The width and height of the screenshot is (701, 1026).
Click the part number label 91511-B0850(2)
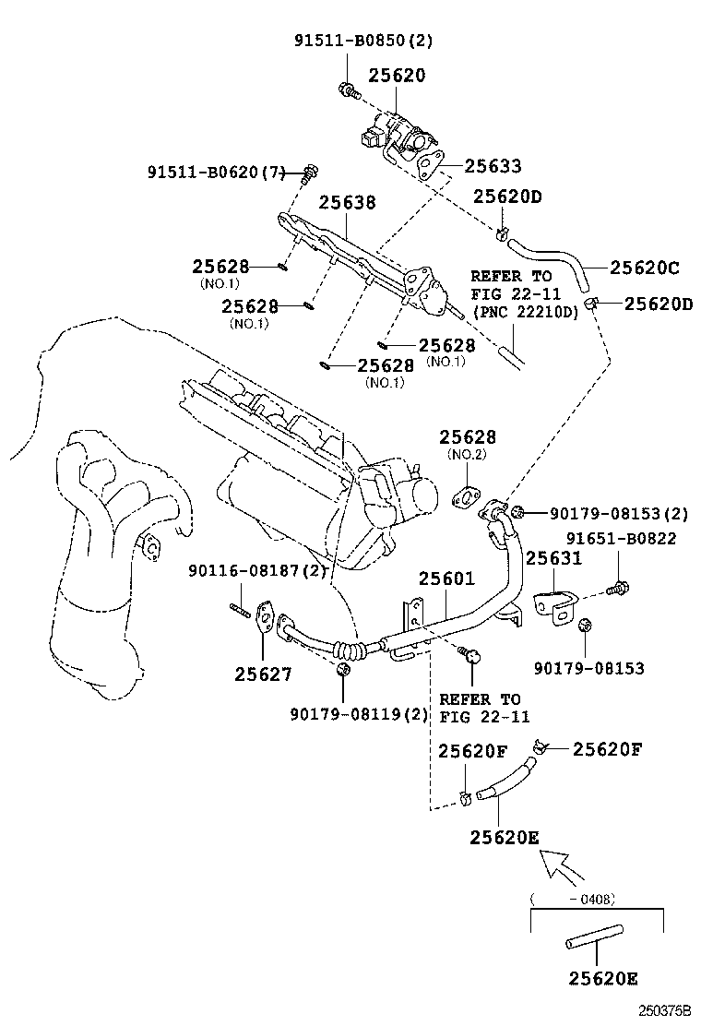click(x=362, y=41)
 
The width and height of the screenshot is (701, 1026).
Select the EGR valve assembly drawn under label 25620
click(x=402, y=135)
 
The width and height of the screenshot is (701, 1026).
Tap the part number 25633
click(x=493, y=166)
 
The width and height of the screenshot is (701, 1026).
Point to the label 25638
click(x=348, y=201)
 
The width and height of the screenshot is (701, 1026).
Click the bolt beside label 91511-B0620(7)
click(x=310, y=172)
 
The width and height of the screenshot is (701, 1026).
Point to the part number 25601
click(x=446, y=579)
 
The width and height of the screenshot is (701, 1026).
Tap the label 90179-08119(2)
click(x=346, y=713)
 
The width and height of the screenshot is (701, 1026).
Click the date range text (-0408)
click(x=573, y=898)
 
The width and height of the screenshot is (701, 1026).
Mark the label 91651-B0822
click(x=621, y=539)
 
